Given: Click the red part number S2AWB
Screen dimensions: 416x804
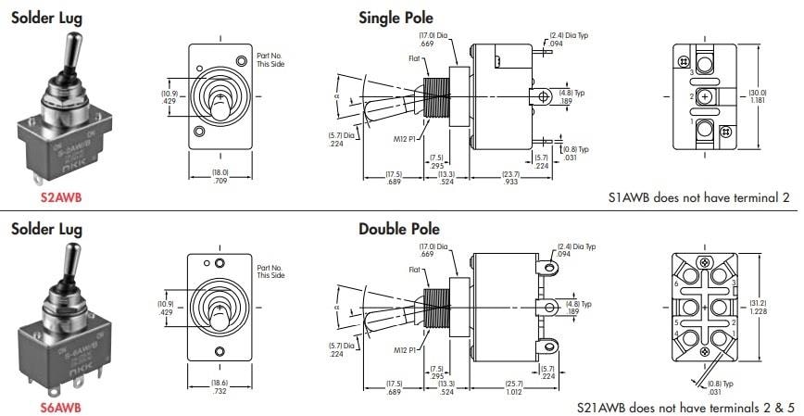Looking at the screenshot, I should (61, 197).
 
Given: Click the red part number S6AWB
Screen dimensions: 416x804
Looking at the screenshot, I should (61, 407).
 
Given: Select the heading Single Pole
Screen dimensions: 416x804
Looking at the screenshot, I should (396, 18).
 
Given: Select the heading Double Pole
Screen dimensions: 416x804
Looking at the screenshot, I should (399, 229).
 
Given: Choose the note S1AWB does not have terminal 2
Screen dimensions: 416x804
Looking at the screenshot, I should (698, 197).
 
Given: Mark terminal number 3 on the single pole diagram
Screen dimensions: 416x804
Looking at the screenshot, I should (690, 71).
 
